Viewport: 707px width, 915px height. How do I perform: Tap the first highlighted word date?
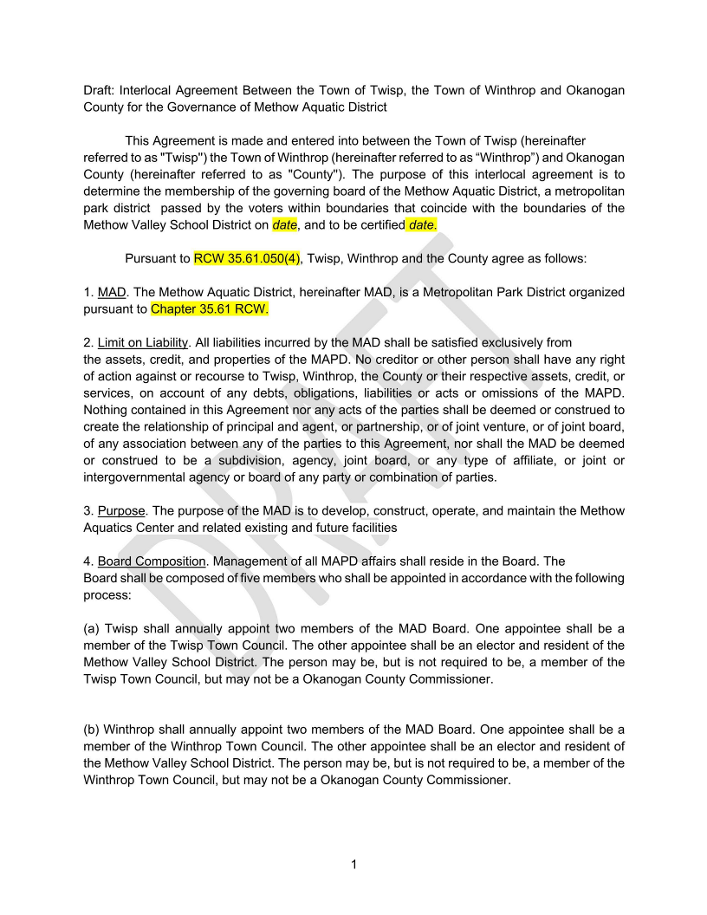point(284,225)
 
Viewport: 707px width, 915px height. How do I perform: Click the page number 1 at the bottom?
point(353,864)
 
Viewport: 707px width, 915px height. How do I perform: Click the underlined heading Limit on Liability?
point(143,342)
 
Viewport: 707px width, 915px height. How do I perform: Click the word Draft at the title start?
point(100,91)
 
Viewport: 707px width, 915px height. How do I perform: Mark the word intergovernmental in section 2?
point(143,477)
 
